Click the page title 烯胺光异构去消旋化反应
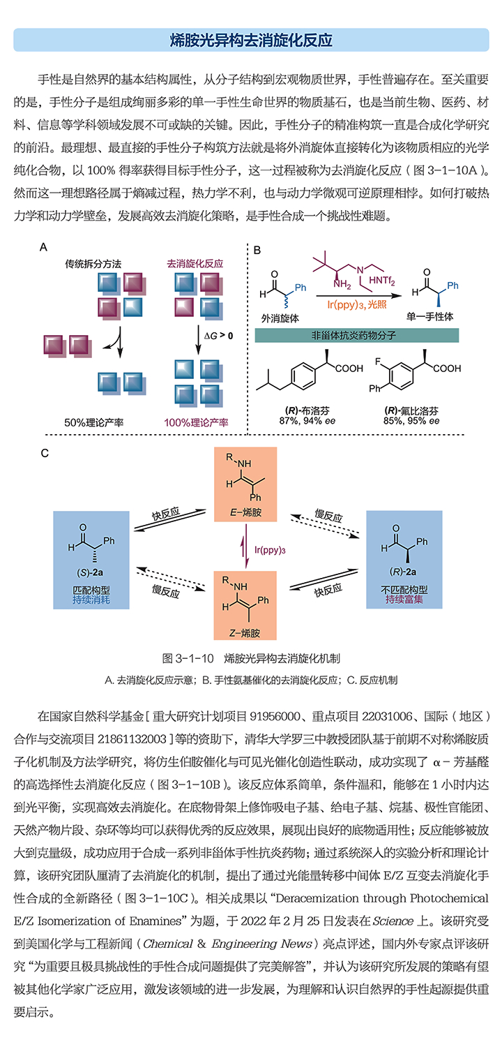(x=251, y=40)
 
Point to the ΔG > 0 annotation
(x=218, y=336)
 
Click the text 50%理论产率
(x=94, y=422)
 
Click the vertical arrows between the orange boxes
(x=244, y=550)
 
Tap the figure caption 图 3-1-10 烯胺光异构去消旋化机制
(x=251, y=658)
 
